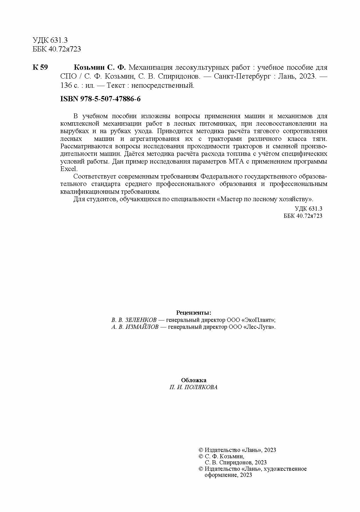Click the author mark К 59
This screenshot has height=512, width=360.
(40, 68)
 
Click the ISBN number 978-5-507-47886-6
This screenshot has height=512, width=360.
(110, 99)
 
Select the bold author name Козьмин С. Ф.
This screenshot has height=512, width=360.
(100, 68)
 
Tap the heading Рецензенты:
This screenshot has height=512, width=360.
(194, 313)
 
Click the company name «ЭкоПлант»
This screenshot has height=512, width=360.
(259, 320)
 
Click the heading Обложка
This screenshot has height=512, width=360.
(194, 380)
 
